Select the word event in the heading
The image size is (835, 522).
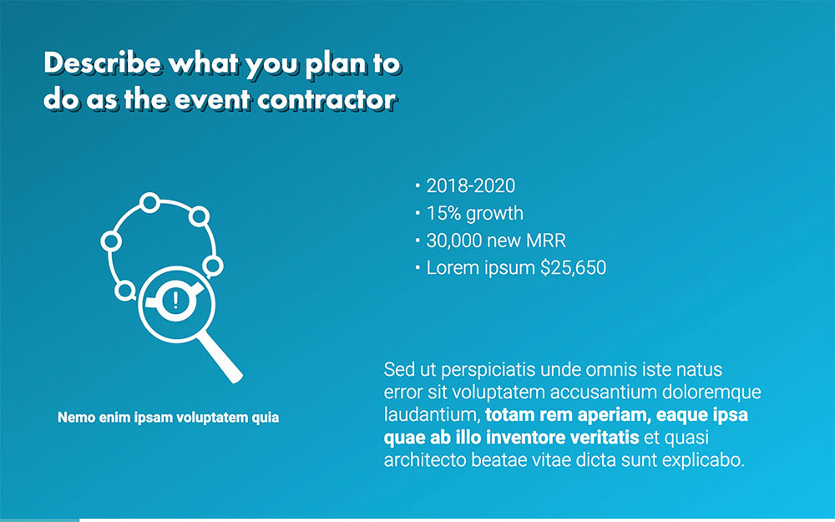click(x=213, y=99)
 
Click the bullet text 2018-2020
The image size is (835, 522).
click(x=471, y=186)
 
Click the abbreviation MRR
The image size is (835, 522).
click(x=546, y=241)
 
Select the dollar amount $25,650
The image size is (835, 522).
click(x=573, y=269)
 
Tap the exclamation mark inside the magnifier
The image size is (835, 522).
click(x=175, y=301)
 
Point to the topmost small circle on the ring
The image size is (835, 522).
click(x=149, y=202)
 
